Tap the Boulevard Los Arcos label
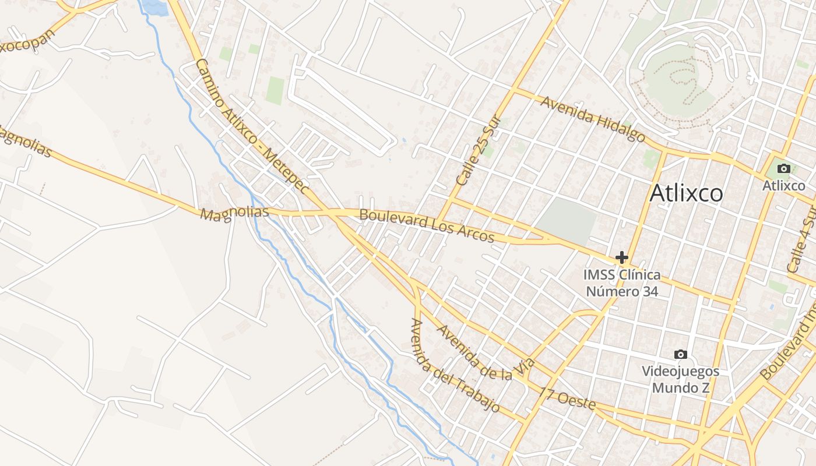click(x=427, y=226)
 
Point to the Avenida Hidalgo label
click(x=593, y=119)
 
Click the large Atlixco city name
click(x=686, y=193)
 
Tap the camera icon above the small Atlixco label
click(x=784, y=169)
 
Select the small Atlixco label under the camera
click(x=784, y=186)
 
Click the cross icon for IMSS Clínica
click(x=622, y=257)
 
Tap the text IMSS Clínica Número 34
click(x=622, y=283)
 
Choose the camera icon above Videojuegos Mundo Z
click(x=680, y=354)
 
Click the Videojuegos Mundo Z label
click(x=680, y=379)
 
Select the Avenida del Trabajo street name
click(x=455, y=366)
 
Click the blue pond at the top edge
click(x=155, y=7)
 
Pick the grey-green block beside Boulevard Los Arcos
click(x=565, y=220)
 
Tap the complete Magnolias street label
click(x=234, y=213)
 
